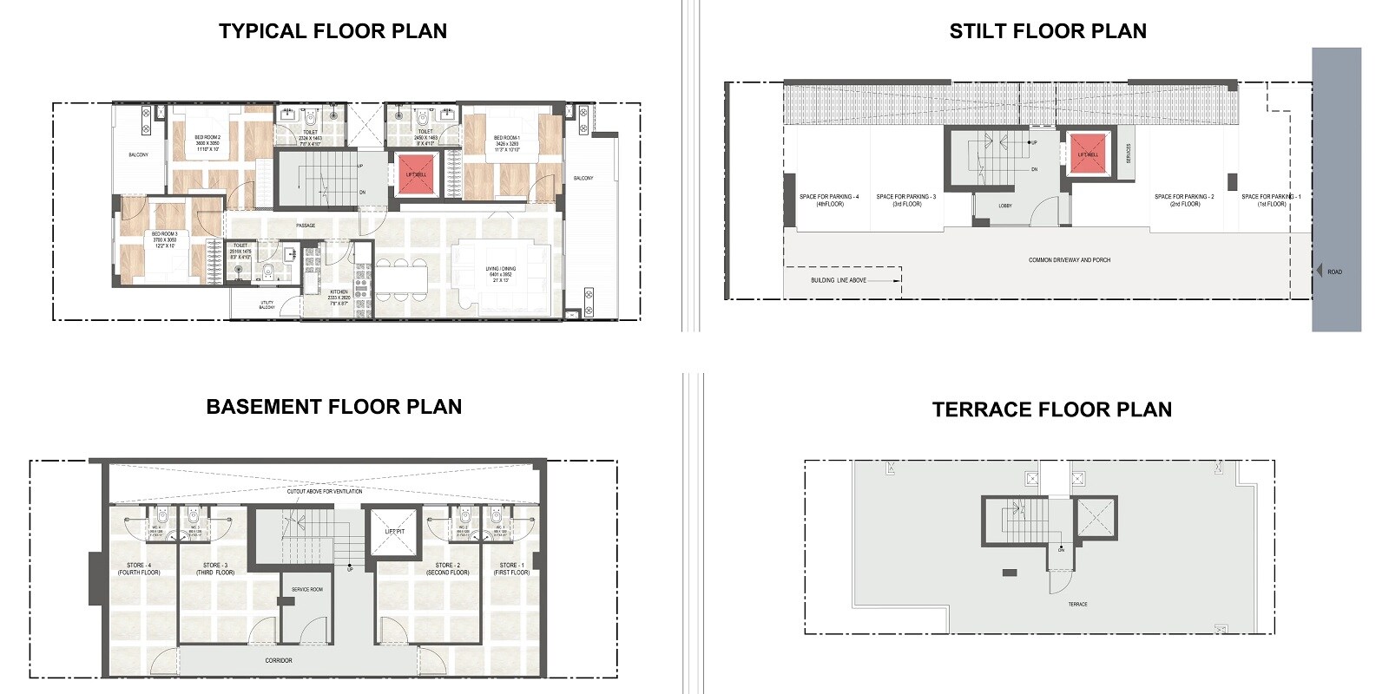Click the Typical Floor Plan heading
click(x=332, y=31)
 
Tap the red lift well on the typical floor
click(x=416, y=173)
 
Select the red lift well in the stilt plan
click(x=1088, y=154)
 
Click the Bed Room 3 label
click(x=164, y=239)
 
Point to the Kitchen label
click(x=339, y=295)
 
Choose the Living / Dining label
click(x=501, y=274)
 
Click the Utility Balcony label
click(x=267, y=304)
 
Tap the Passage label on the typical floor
click(x=306, y=226)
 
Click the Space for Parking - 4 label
click(x=829, y=200)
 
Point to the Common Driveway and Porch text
click(x=1070, y=260)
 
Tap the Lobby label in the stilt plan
click(x=1005, y=206)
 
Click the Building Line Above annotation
click(x=839, y=280)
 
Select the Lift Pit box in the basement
click(x=395, y=532)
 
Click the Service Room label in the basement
click(x=306, y=590)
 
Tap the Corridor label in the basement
click(x=279, y=660)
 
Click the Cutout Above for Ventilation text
click(x=325, y=491)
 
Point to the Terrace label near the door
click(x=1077, y=604)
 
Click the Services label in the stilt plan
click(x=1129, y=154)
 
